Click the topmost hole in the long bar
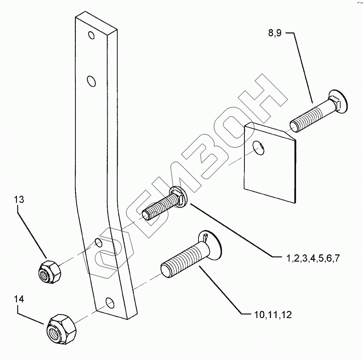coord(92,35)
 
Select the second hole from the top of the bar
coord(92,81)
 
